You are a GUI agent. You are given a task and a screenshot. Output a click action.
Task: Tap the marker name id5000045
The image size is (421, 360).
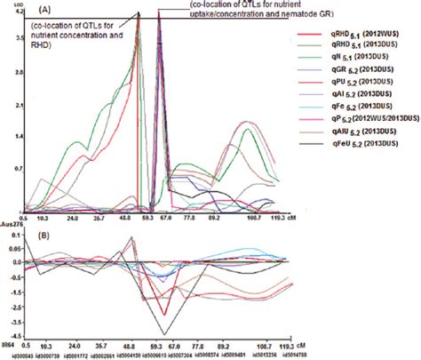click(x=16, y=354)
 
